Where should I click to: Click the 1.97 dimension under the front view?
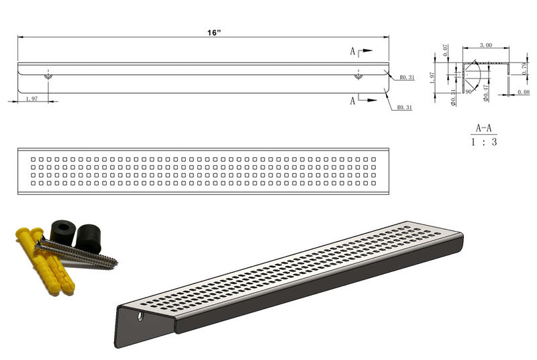pyautogui.click(x=31, y=99)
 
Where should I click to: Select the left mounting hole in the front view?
pyautogui.click(x=48, y=76)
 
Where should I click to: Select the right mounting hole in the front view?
pyautogui.click(x=358, y=76)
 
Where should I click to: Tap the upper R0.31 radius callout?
pyautogui.click(x=406, y=78)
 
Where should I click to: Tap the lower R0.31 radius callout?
pyautogui.click(x=404, y=107)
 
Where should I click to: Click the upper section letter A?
pyautogui.click(x=352, y=51)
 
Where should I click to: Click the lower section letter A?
pyautogui.click(x=352, y=101)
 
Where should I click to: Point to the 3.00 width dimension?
pyautogui.click(x=486, y=45)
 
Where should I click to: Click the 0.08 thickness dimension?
pyautogui.click(x=524, y=92)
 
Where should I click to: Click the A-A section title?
pyautogui.click(x=483, y=128)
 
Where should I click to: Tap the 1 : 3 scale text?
pyautogui.click(x=483, y=142)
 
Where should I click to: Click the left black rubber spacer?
pyautogui.click(x=62, y=232)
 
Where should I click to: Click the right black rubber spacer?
pyautogui.click(x=88, y=238)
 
